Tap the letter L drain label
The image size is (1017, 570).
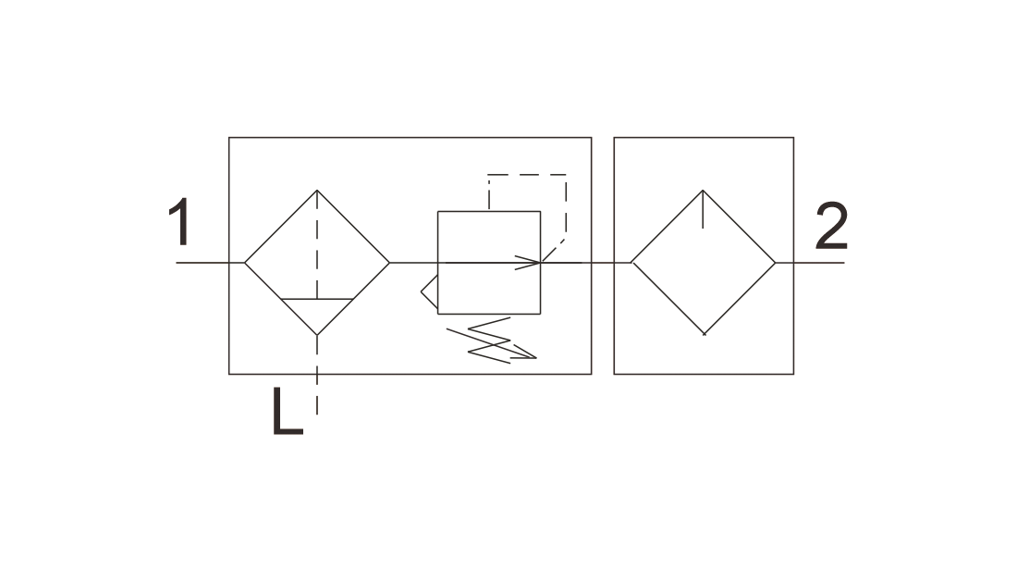pyautogui.click(x=288, y=411)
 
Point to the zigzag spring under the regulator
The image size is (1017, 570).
pyautogui.click(x=489, y=341)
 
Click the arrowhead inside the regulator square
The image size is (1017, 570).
pyautogui.click(x=529, y=262)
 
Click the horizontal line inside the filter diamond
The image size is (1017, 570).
pyautogui.click(x=317, y=299)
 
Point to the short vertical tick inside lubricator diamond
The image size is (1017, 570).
pyautogui.click(x=703, y=209)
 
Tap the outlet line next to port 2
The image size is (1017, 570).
pyautogui.click(x=810, y=262)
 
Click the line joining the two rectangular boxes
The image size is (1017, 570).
pyautogui.click(x=603, y=262)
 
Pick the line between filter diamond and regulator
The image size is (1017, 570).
pyautogui.click(x=414, y=262)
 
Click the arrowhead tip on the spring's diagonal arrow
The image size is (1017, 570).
pyautogui.click(x=536, y=358)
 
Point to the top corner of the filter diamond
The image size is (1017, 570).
pyautogui.click(x=317, y=191)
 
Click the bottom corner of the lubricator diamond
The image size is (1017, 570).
pyautogui.click(x=705, y=335)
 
